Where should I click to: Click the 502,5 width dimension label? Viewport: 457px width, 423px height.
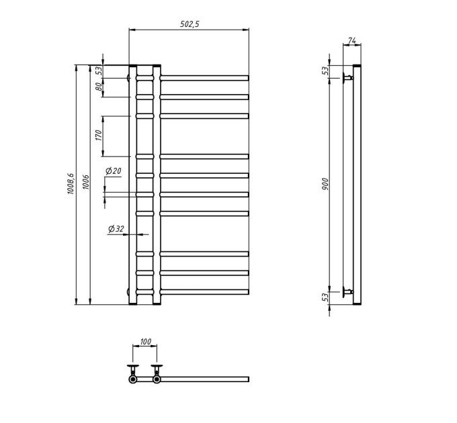coord(190,24)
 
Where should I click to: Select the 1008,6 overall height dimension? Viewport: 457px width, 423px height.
coord(71,184)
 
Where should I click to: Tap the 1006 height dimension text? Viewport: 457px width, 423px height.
coord(86,182)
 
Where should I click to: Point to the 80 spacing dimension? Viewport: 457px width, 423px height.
coord(99,87)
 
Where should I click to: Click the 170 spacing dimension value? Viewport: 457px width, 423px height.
coord(99,136)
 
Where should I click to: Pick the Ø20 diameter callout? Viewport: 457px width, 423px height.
coord(113,171)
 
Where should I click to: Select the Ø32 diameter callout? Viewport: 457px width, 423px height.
coord(116,229)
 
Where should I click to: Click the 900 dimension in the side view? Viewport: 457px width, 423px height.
coord(325,184)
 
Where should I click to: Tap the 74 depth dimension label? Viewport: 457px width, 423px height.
coord(351,41)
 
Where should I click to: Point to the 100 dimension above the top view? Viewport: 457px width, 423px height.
coord(145,342)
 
